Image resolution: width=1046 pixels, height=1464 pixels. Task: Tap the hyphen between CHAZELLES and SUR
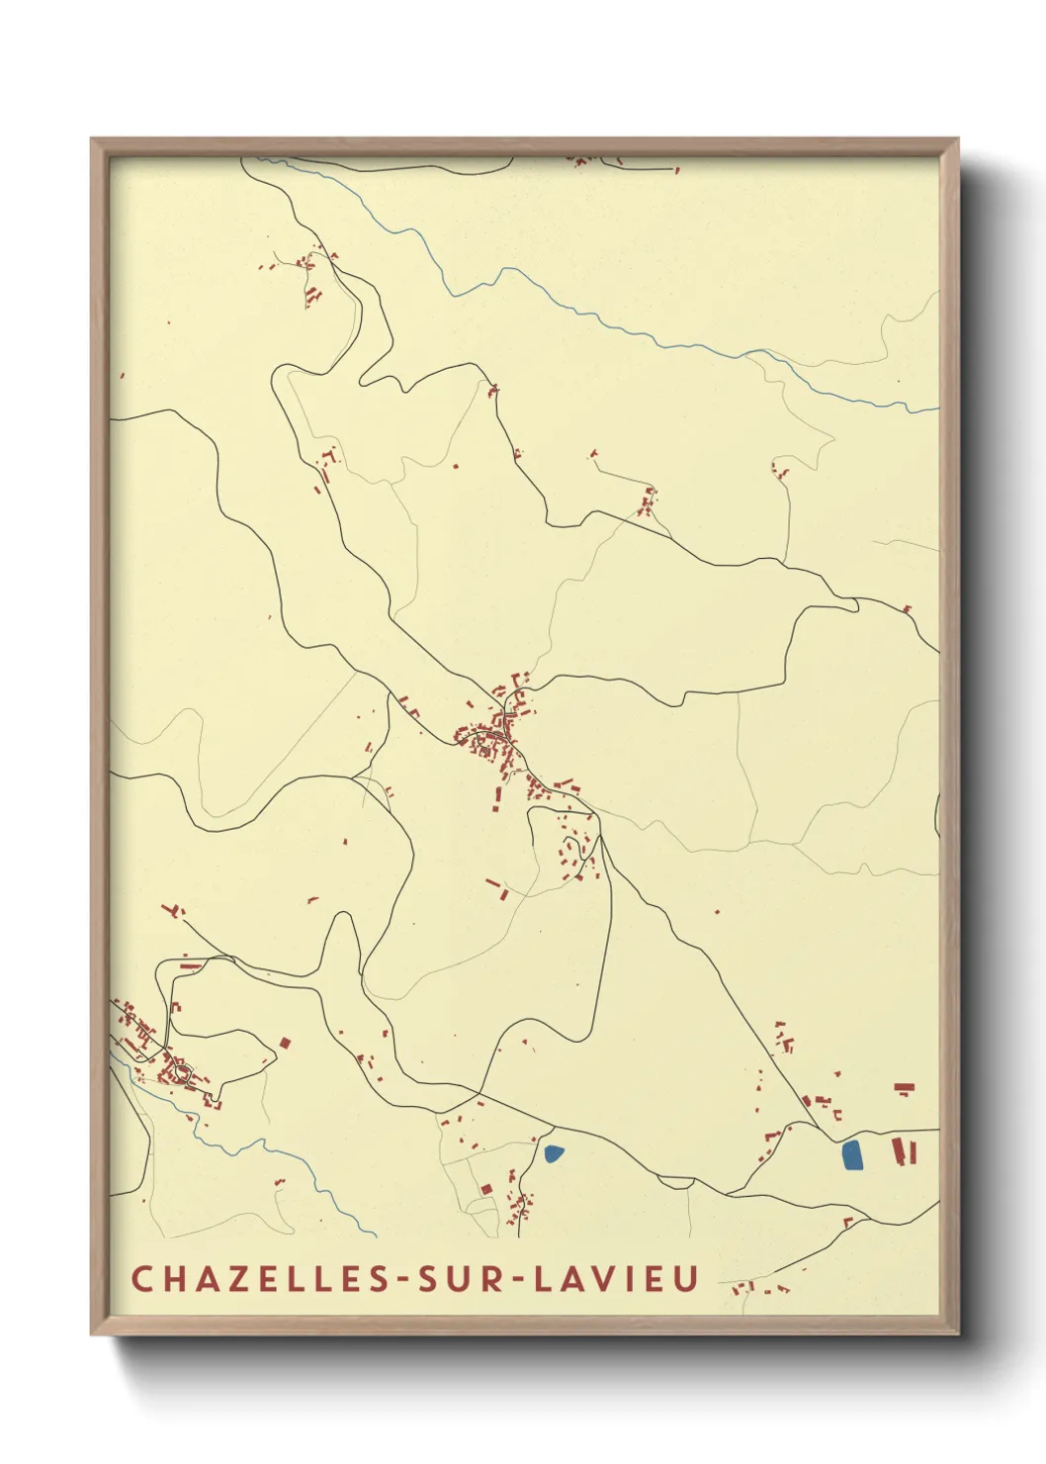point(403,1279)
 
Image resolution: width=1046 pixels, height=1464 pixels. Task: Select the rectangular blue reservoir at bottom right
point(851,1155)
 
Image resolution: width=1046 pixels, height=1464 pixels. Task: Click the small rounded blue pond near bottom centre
point(554,1152)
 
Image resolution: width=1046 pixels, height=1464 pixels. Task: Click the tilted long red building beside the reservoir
point(899,1151)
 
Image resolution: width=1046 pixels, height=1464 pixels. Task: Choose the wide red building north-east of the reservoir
point(904,1087)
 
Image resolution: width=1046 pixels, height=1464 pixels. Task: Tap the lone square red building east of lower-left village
point(284,1044)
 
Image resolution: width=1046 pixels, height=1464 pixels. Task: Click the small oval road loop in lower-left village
point(180,1071)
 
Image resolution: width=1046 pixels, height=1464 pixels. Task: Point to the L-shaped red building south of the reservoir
point(847,1223)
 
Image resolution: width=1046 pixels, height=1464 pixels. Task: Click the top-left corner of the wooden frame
point(92,139)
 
